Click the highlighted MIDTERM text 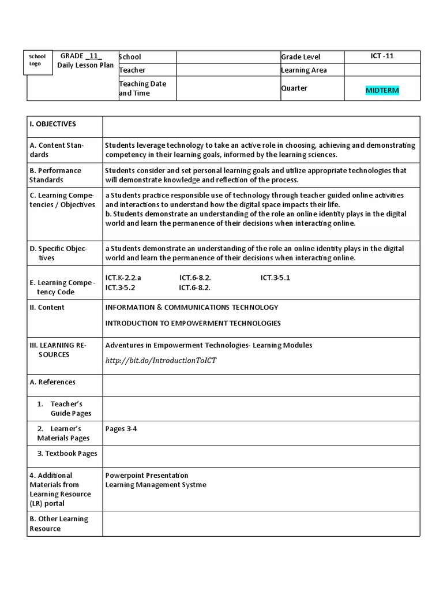click(x=382, y=91)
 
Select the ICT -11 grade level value click(x=382, y=56)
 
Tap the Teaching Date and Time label click(x=142, y=88)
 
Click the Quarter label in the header click(x=294, y=88)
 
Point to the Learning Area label click(x=303, y=70)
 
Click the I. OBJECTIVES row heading click(x=52, y=124)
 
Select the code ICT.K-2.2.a click(x=123, y=278)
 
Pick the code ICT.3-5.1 click(x=275, y=278)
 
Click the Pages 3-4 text click(x=121, y=429)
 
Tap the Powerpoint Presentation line click(x=147, y=475)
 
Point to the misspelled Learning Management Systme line click(x=155, y=485)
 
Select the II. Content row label click(x=47, y=307)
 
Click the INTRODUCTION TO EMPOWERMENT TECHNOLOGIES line click(x=193, y=323)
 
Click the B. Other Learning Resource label click(x=59, y=523)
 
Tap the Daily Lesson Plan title click(x=85, y=65)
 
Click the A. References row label click(x=52, y=382)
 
